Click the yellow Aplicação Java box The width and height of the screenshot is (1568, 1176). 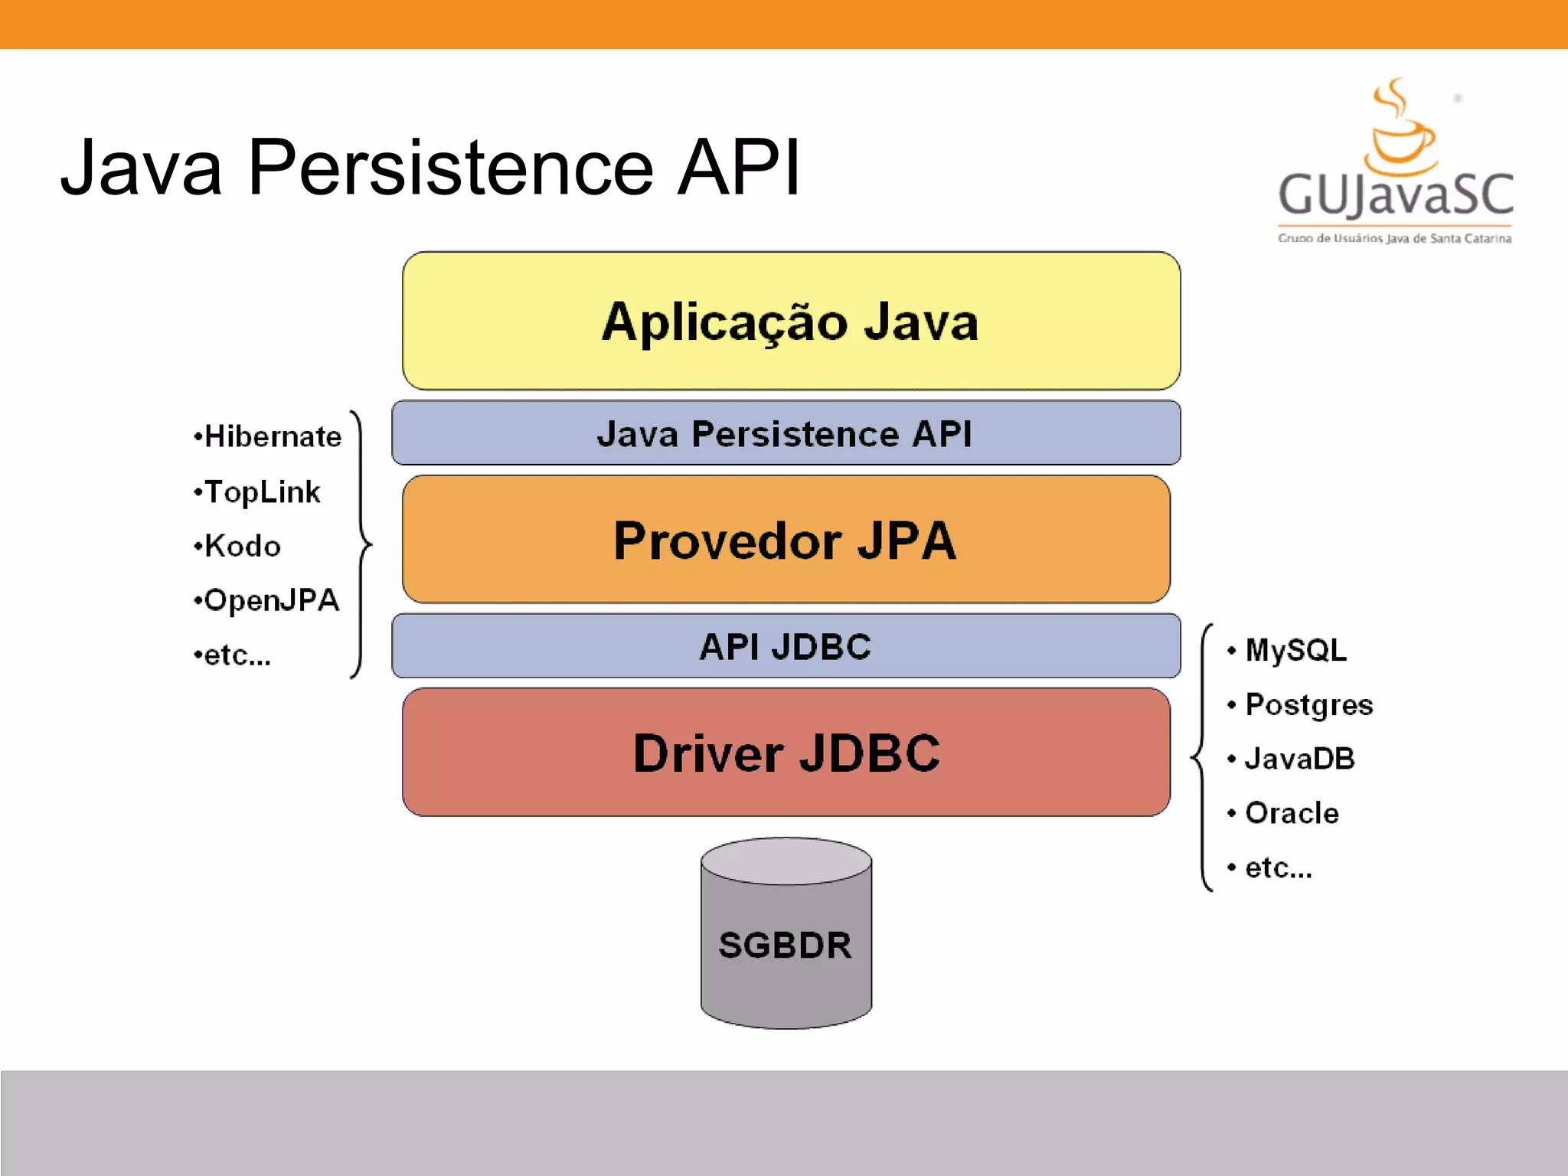pyautogui.click(x=791, y=322)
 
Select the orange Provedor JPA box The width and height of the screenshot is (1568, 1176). pyautogui.click(x=786, y=540)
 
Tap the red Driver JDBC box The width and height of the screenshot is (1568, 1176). pyautogui.click(x=786, y=753)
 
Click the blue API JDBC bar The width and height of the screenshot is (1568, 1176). pyautogui.click(x=786, y=646)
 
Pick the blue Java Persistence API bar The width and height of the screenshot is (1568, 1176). pyautogui.click(x=786, y=433)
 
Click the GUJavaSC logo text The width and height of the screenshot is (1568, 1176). pyautogui.click(x=1395, y=195)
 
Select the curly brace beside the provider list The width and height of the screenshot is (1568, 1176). pyautogui.click(x=361, y=544)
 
